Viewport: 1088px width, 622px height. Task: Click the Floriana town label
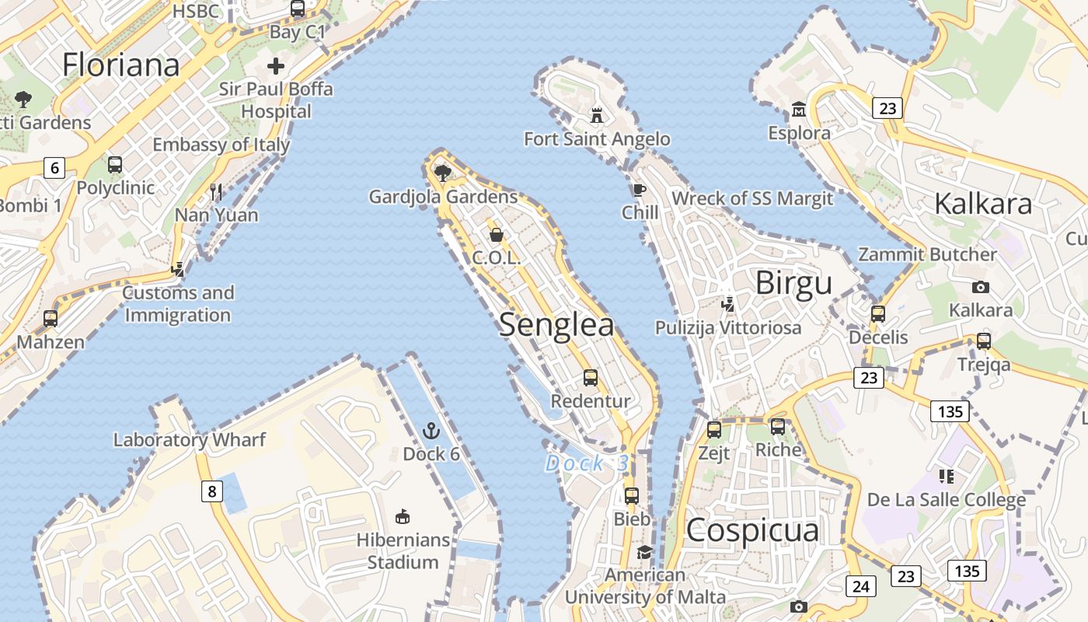pos(120,65)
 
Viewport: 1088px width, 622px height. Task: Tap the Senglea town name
pos(556,325)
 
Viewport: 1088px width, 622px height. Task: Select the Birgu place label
pos(793,284)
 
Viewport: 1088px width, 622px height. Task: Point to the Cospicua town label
pos(752,530)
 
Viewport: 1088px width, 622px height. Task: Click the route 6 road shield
pos(54,167)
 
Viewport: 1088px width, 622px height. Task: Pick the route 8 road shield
pos(212,491)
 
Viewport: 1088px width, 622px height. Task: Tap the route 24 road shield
pos(860,585)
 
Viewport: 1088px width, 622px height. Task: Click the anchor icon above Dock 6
pos(431,431)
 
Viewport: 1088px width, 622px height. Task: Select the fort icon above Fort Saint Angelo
pos(597,116)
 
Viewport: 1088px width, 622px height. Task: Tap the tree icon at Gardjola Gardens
pos(443,173)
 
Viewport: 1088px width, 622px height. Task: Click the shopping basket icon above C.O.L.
pos(496,234)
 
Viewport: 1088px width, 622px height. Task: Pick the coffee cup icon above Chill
pos(639,190)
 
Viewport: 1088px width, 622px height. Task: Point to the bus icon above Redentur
pos(591,378)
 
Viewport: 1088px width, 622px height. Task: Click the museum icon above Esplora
pos(798,110)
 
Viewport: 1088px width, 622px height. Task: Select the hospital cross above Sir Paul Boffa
pos(276,66)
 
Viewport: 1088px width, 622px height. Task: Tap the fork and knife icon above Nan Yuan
pos(216,191)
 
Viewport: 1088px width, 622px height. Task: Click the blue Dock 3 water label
pos(587,463)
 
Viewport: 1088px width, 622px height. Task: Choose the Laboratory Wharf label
pos(190,439)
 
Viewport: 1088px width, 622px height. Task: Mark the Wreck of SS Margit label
pos(751,198)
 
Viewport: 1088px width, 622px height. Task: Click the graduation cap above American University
pos(644,552)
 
